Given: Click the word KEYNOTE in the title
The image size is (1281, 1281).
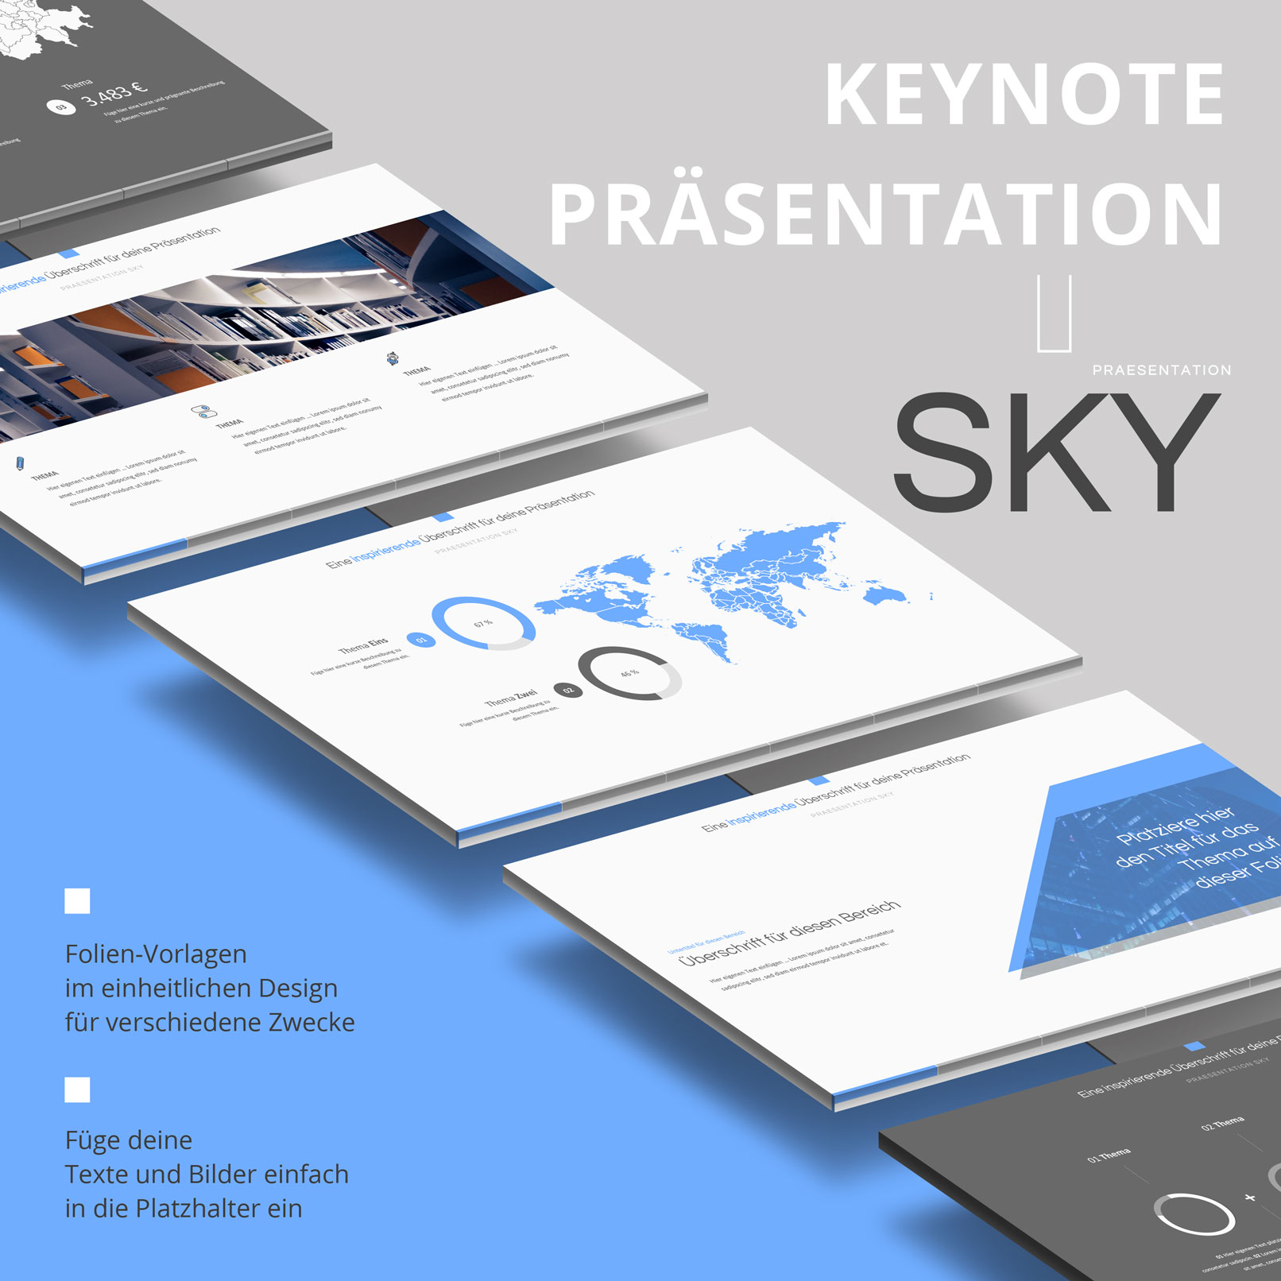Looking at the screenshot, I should pos(1025,95).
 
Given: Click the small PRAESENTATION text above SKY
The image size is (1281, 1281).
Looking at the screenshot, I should pos(1161,370).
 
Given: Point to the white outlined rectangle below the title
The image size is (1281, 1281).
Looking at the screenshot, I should pos(1055,313).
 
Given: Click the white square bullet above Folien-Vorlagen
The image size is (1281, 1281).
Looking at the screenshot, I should pos(77,901).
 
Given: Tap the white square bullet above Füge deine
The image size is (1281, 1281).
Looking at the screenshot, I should pos(77,1089).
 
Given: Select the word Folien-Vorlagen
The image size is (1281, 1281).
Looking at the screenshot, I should pos(156,954).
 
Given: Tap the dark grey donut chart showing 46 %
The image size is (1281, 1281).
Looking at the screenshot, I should pos(630,673).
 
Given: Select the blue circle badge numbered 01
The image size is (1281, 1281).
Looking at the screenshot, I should pos(421,639).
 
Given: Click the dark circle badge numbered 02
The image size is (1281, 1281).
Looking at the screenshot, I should pos(568,690).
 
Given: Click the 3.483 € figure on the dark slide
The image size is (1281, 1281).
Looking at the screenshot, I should pos(115,94).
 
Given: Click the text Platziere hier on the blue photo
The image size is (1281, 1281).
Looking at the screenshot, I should pos(1175,826).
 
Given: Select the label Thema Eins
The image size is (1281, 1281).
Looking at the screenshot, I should pos(363,646).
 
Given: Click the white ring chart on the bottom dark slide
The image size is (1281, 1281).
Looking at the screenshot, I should pos(1194,1214).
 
